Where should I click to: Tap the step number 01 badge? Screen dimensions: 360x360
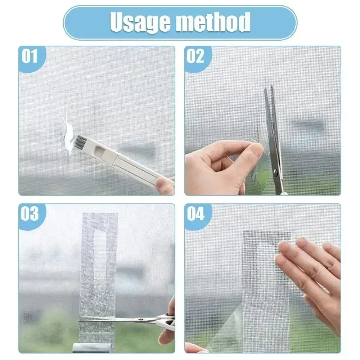coord(30,57)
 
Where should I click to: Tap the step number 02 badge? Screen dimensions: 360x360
coord(195,57)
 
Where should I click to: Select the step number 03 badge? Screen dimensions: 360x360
coord(30,214)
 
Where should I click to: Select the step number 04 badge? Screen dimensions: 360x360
coord(195,214)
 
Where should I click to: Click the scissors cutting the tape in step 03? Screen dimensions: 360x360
coord(144,319)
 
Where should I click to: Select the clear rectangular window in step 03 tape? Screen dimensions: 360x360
coord(98,252)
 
